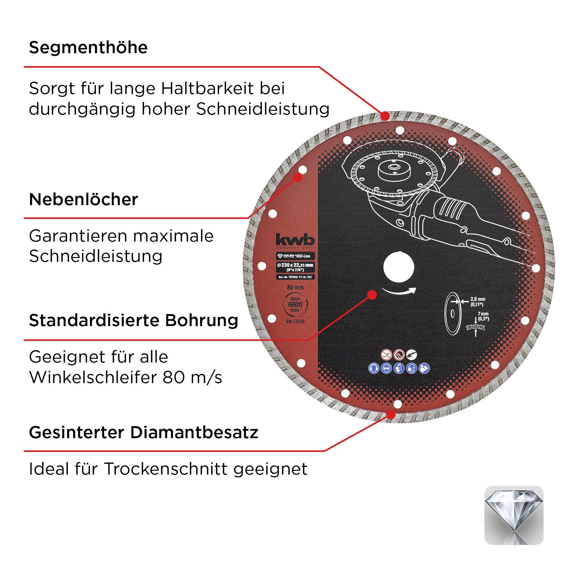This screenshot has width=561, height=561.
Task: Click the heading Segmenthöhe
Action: [88, 48]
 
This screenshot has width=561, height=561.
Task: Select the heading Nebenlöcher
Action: [84, 200]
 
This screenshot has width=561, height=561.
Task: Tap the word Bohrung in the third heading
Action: [201, 320]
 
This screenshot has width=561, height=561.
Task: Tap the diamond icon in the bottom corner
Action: [514, 515]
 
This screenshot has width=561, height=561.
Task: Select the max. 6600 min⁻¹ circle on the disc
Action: [295, 305]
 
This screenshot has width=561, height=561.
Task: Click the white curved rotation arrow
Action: [399, 291]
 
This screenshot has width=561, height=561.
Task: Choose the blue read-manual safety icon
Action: [424, 368]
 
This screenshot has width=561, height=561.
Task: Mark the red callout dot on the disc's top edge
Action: [385, 116]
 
